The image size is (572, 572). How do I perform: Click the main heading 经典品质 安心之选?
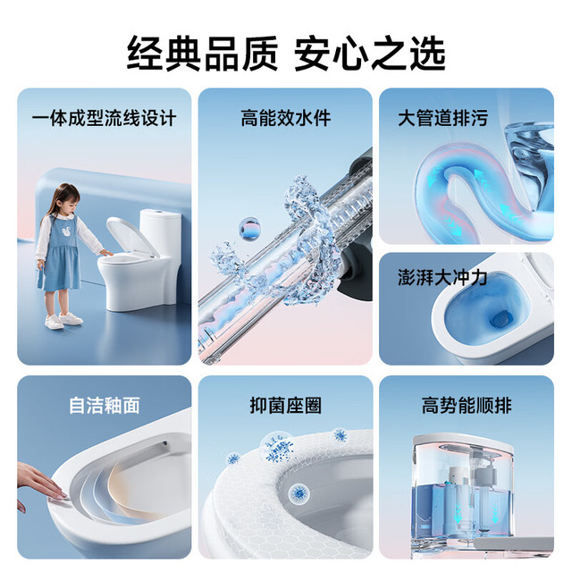coord(286,54)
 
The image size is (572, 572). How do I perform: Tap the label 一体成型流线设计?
coord(104,118)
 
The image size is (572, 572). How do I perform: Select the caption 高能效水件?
coord(286,118)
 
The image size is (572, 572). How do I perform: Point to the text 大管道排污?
coord(442,118)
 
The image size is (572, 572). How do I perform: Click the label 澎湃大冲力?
coord(442,278)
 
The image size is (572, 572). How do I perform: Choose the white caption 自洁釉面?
coord(105,405)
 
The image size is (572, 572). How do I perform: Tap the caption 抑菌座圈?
coord(286,405)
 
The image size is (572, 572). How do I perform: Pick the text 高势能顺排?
coord(467,405)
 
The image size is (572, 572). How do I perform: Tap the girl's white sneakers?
coord(63,320)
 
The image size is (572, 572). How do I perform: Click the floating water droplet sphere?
coord(249,229)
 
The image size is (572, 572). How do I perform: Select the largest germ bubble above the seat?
coord(277,447)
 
